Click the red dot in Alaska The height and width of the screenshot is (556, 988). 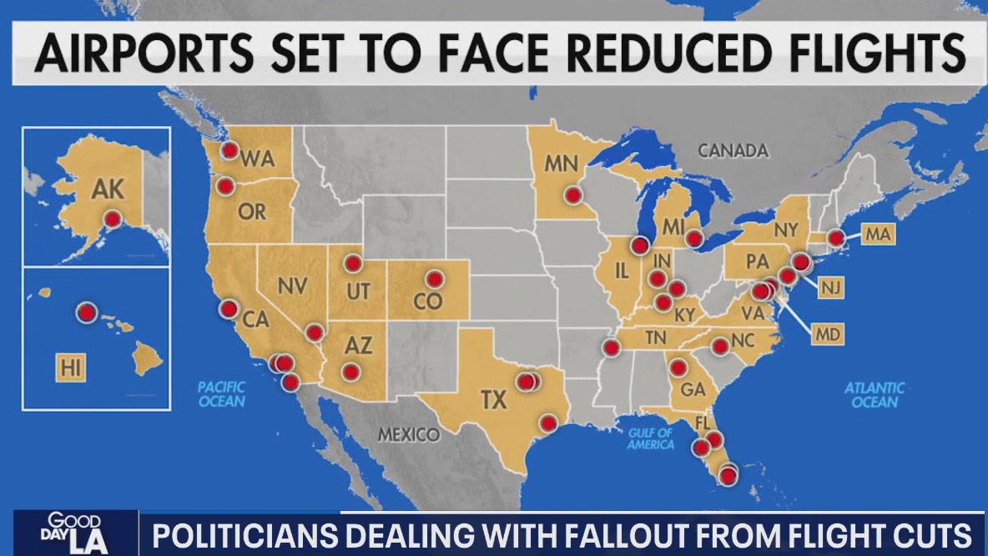pos(112,219)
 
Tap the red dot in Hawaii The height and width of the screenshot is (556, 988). pos(86,313)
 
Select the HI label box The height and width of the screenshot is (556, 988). pos(72,368)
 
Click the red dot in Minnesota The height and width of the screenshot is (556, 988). pos(572,195)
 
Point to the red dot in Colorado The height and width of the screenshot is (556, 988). pos(434,279)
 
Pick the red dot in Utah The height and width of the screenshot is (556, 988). pos(352,264)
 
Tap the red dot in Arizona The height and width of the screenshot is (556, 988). pos(350,371)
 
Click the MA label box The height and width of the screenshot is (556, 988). pos(877,235)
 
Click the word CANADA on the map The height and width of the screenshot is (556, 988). pos(733,151)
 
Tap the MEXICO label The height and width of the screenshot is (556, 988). pos(409,435)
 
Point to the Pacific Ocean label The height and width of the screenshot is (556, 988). pos(222,394)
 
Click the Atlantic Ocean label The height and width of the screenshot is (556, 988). pos(874,395)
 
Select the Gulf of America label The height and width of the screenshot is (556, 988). pos(652,438)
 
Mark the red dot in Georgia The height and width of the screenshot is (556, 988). pos(678,367)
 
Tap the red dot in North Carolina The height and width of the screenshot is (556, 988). pos(719,346)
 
